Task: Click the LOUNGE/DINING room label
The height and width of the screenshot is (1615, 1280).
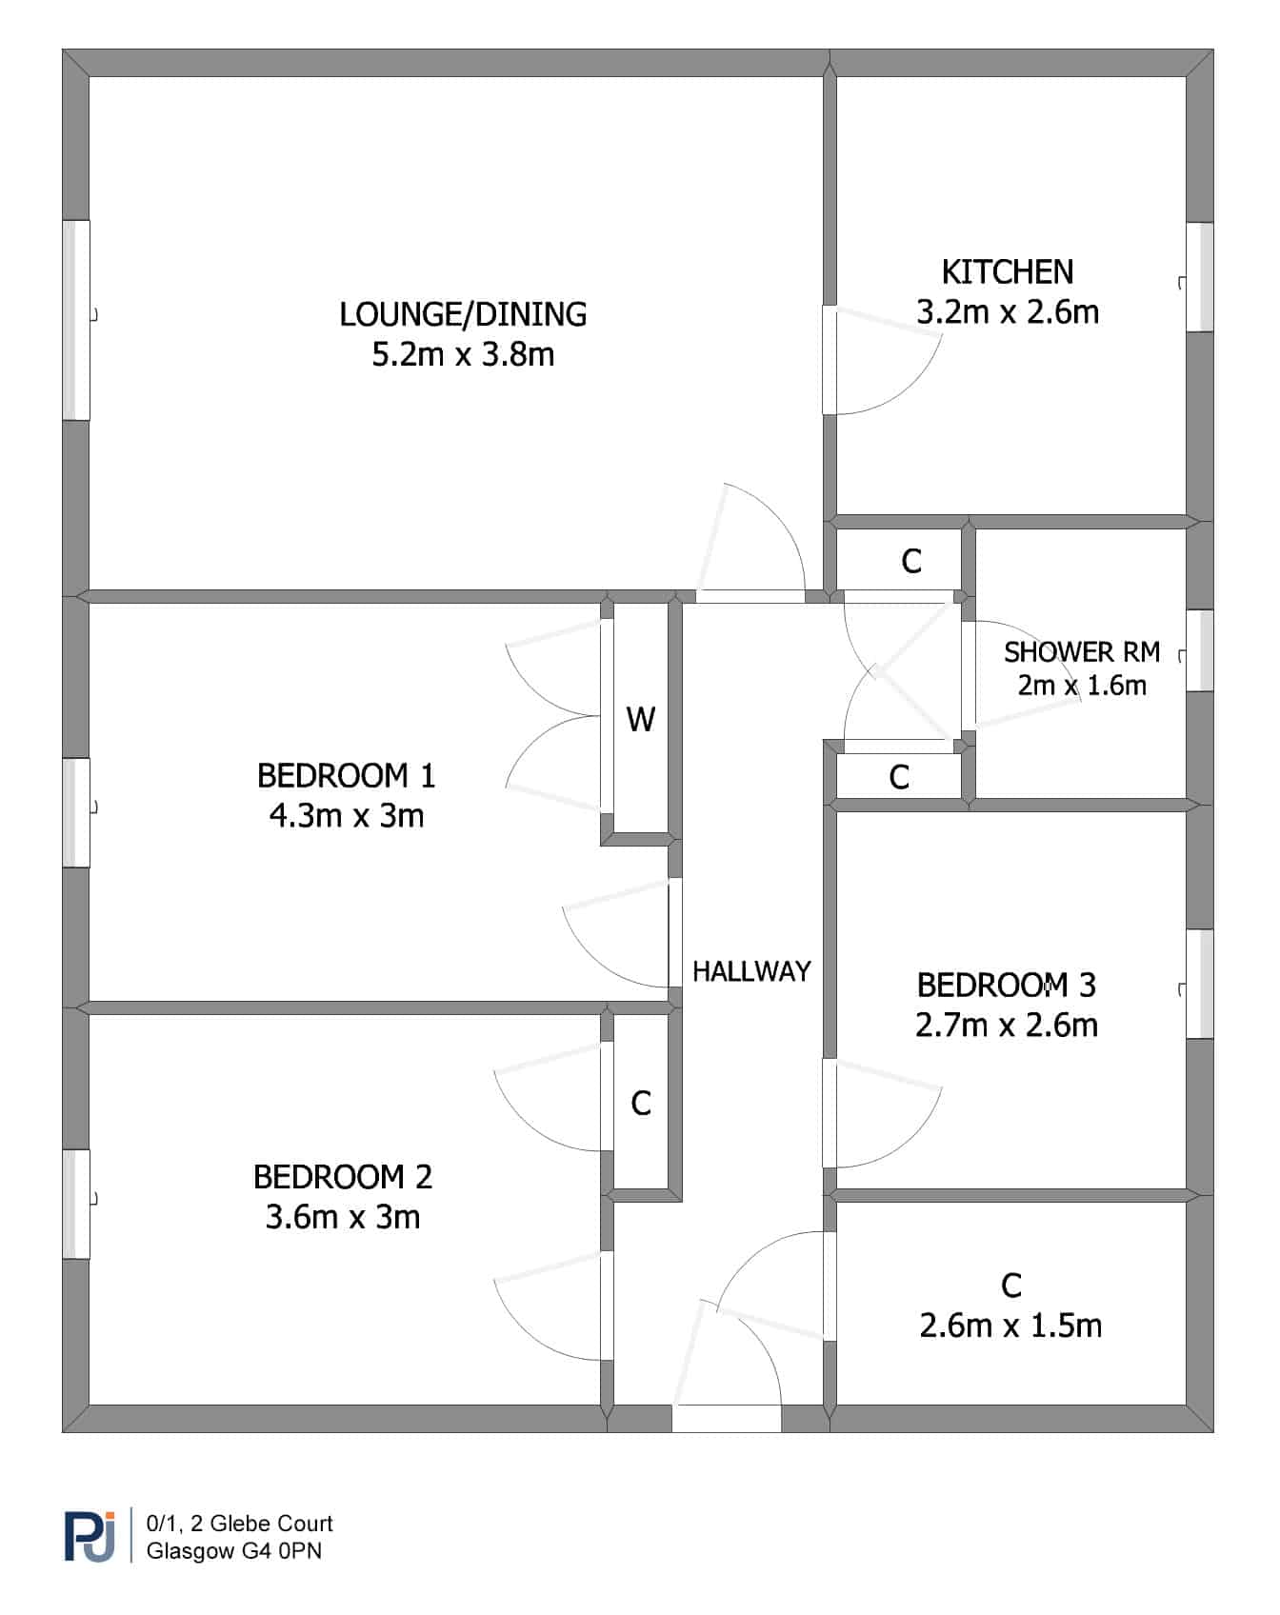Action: [x=463, y=314]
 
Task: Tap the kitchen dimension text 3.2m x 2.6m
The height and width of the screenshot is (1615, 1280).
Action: [x=1008, y=312]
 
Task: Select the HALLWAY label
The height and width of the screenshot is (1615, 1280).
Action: [x=751, y=971]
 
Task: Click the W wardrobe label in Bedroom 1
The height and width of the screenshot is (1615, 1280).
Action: [x=641, y=719]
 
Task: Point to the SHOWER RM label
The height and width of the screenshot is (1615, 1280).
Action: [x=1082, y=652]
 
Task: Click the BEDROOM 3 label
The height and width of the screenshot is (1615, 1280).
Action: [x=1007, y=985]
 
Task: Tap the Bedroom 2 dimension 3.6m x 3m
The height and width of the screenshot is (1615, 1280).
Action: [x=343, y=1217]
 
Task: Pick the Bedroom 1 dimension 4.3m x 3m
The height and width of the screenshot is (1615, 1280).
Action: [x=347, y=816]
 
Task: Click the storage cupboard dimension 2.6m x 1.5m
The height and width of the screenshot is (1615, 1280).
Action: [x=1010, y=1326]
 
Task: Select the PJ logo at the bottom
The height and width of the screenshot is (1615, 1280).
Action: [x=90, y=1535]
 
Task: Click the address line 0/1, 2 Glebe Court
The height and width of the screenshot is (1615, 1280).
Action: [x=239, y=1524]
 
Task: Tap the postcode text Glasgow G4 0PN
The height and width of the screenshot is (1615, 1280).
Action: [x=234, y=1551]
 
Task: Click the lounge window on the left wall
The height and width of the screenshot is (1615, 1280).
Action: [x=76, y=320]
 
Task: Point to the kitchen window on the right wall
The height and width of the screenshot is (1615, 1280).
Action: [x=1200, y=277]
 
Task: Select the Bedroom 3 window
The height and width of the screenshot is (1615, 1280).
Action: [x=1200, y=984]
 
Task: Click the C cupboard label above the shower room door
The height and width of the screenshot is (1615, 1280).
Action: [x=911, y=562]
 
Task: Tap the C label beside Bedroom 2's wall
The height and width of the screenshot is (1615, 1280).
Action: [x=641, y=1104]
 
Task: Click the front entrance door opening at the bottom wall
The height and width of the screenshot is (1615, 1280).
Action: [x=727, y=1419]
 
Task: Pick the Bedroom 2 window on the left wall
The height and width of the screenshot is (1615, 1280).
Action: [x=76, y=1205]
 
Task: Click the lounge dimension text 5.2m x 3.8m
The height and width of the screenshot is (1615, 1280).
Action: [x=463, y=355]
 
